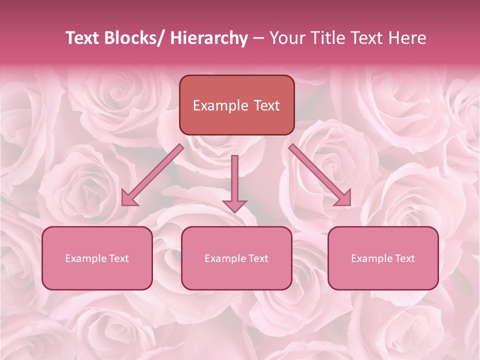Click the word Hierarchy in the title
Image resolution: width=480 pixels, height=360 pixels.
tap(209, 38)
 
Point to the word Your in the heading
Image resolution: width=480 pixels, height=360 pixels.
tap(285, 38)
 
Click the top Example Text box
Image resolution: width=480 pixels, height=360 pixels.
tap(236, 105)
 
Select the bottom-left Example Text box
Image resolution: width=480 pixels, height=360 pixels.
tap(97, 258)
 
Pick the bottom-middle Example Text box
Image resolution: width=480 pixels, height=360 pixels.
tap(236, 258)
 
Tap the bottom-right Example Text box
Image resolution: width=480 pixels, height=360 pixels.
tap(383, 258)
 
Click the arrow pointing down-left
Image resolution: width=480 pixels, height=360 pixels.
tap(153, 175)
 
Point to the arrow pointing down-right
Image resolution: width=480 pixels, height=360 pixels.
tap(320, 175)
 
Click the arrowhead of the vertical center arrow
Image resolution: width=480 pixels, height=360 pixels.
tap(234, 205)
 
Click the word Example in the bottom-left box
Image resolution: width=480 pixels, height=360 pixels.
tap(86, 258)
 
